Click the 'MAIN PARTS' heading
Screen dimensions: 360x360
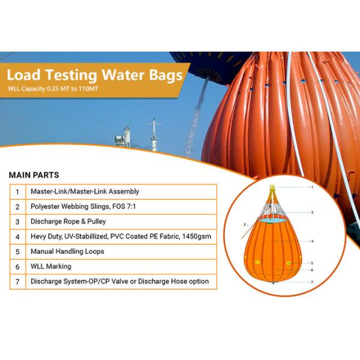click(x=34, y=175)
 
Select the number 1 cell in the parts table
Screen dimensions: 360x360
click(x=17, y=192)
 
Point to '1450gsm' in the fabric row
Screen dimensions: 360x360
click(x=198, y=236)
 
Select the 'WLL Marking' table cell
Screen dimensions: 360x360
click(x=51, y=266)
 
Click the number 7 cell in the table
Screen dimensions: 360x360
click(x=17, y=281)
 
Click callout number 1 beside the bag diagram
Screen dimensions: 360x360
click(x=312, y=187)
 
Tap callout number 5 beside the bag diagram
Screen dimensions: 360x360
click(x=312, y=263)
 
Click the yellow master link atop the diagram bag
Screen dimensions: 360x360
click(x=272, y=191)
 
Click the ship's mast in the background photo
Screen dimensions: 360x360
click(x=154, y=136)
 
